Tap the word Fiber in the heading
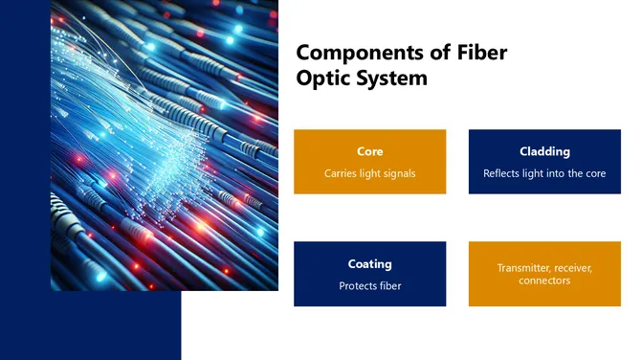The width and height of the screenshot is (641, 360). (478, 53)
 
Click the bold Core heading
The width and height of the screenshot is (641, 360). (369, 151)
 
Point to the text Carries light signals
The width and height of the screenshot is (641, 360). (369, 173)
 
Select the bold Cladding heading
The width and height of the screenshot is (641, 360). (544, 151)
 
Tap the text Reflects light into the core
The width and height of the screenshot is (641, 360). (544, 173)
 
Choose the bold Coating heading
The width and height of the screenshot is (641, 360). (369, 263)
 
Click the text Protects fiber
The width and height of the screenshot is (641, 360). (369, 285)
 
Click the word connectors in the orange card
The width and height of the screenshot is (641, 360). (544, 281)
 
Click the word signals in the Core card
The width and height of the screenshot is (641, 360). (397, 173)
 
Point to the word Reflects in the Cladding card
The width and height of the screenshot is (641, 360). (504, 173)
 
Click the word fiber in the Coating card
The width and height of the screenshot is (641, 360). (390, 285)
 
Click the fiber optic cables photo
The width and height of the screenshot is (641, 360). (164, 144)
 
